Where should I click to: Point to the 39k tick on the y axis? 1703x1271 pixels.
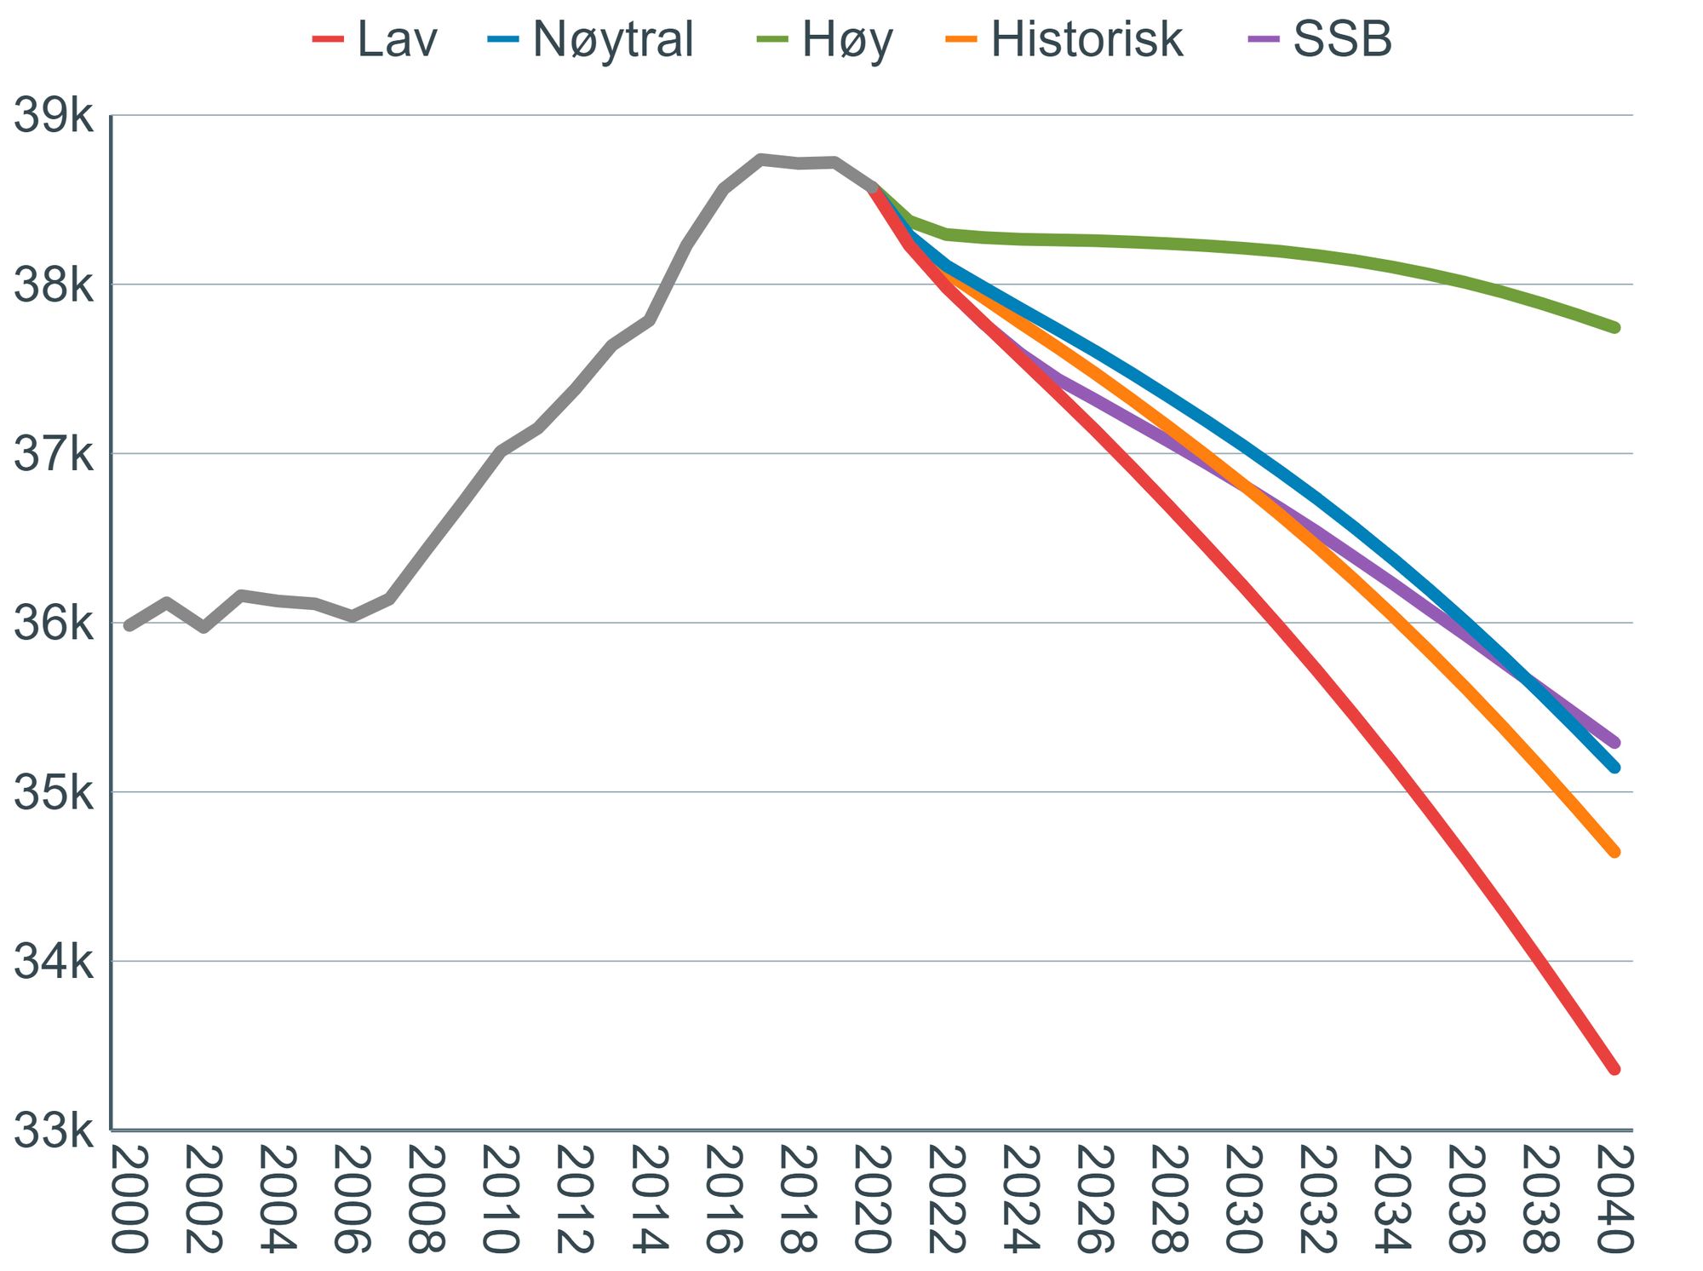point(53,116)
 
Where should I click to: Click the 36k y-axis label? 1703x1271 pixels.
point(53,624)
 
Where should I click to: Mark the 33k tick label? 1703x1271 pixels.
point(53,1131)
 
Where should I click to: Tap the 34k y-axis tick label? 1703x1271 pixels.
point(53,962)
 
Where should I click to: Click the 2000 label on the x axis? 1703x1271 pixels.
point(129,1199)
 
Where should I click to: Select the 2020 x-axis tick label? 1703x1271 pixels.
point(872,1199)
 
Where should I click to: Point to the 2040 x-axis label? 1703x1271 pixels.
point(1614,1199)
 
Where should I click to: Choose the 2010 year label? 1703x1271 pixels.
point(501,1199)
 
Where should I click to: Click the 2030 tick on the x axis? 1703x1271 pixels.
point(1243,1199)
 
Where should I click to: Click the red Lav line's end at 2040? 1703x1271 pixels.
point(1614,1069)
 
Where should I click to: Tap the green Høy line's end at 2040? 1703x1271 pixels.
point(1614,327)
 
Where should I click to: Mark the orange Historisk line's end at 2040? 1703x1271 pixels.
point(1614,852)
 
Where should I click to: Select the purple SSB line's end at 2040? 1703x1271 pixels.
point(1614,743)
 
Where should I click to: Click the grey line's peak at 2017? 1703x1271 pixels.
point(760,159)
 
